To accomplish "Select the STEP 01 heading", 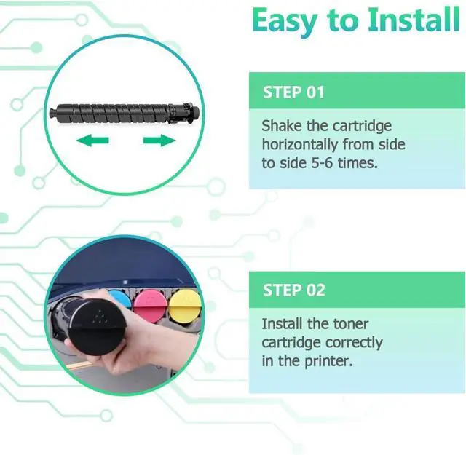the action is (x=294, y=92).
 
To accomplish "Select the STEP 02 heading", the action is (x=294, y=290).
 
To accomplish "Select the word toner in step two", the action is (x=349, y=323).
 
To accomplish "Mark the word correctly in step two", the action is (x=354, y=341).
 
